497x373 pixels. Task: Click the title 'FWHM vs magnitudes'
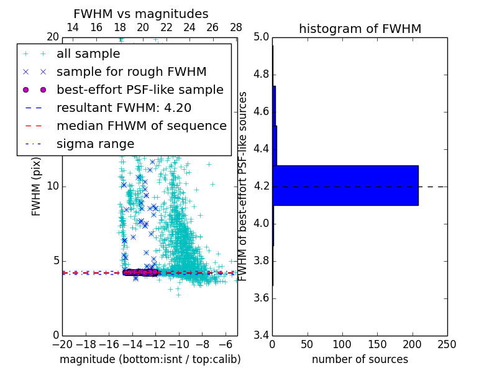point(141,14)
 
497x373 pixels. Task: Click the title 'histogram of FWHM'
point(360,29)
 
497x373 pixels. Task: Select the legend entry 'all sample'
point(88,54)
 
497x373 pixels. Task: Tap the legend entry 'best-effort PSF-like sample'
point(140,90)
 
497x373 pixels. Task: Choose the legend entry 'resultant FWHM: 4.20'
point(124,108)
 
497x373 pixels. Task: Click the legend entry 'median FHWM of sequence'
point(141,126)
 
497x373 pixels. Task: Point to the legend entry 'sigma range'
point(95,144)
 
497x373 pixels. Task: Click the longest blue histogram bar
point(345,185)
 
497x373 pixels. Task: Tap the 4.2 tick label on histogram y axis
point(261,186)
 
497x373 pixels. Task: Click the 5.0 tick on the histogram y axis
point(261,37)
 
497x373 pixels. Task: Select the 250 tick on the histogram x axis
point(447,344)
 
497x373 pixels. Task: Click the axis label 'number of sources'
point(360,359)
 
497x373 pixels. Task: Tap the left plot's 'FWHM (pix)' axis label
point(37,186)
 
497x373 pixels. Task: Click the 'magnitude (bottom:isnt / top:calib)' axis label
point(150,359)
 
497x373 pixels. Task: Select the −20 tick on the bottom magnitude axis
point(62,344)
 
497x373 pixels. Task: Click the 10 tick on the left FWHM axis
point(53,186)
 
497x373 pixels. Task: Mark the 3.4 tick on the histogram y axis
point(261,335)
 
